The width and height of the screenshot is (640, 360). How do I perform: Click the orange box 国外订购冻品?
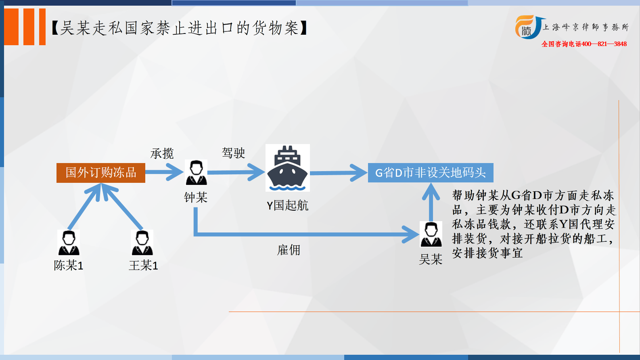coord(101,173)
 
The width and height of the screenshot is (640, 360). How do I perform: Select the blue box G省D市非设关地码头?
coord(431,173)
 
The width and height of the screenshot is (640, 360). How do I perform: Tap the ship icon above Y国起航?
coord(288,168)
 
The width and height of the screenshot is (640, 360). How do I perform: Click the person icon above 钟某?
coord(196,172)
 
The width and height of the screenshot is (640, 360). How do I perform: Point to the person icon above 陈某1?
coord(69,243)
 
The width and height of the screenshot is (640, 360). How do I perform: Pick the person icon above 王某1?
coord(142,243)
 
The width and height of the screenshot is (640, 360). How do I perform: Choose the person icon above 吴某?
coord(431,234)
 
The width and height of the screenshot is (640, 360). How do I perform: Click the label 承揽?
coord(162,153)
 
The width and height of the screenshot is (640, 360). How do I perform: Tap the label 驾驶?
coord(233,153)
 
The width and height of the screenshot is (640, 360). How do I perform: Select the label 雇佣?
coord(289,250)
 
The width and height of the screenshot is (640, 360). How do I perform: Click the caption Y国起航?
coord(287,205)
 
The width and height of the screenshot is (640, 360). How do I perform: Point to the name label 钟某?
coord(196,197)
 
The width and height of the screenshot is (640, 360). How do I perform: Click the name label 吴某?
coord(431,259)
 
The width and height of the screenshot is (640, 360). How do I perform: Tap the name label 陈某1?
coord(69,265)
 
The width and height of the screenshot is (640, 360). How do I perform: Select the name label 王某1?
coord(143,265)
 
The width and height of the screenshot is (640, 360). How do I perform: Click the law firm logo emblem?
coord(528,27)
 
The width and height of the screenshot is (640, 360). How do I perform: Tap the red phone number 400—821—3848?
coord(604,44)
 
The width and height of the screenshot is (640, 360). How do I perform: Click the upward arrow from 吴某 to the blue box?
coord(431,202)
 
